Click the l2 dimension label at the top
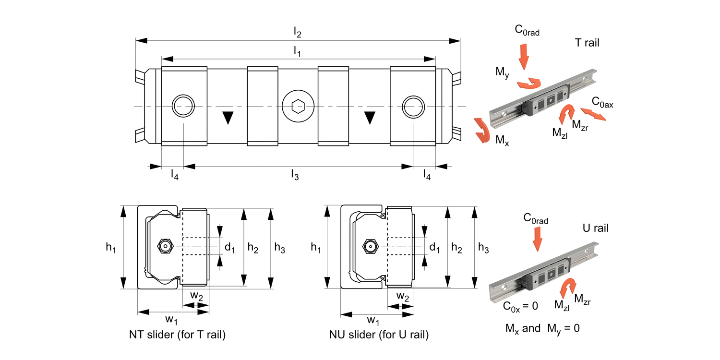pos(298,33)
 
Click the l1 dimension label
pos(298,52)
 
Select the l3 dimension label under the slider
pos(295,175)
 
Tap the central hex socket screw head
pos(298,106)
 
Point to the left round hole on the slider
pos(184,106)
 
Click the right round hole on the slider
pos(414,106)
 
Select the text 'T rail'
pos(587,43)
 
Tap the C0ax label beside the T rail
pos(602,102)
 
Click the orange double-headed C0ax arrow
pos(595,114)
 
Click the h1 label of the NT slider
pos(111,247)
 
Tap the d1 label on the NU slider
pos(434,248)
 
